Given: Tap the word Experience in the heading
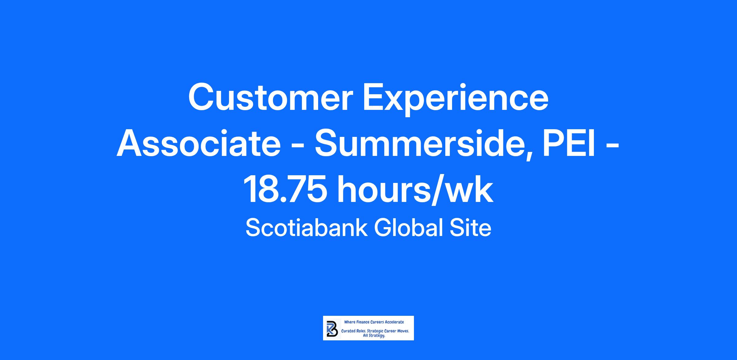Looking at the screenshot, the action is click(456, 99).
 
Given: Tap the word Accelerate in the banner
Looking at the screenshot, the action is click(394, 322).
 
